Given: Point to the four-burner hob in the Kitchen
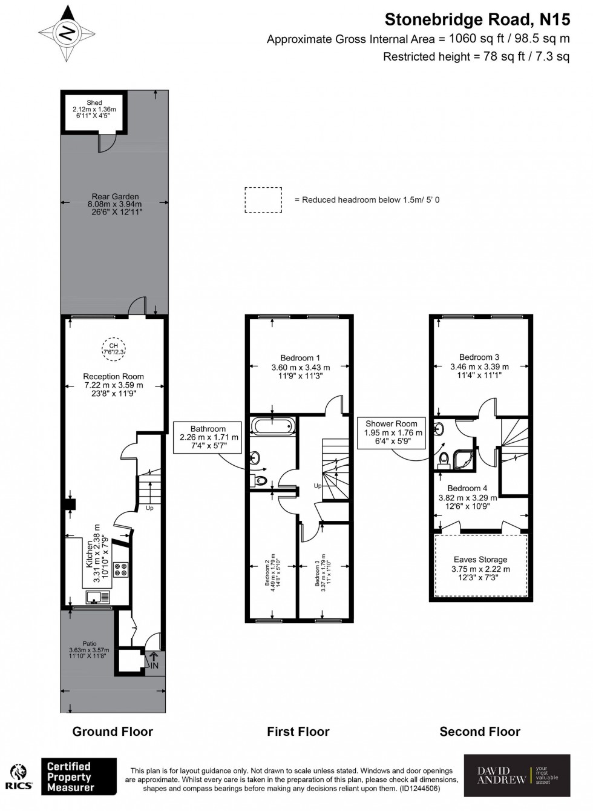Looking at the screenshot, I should (121, 569).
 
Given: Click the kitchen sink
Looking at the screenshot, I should (96, 598).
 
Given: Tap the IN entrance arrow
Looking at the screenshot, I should (154, 661).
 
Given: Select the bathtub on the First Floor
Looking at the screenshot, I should (274, 426).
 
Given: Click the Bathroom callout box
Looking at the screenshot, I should (208, 437).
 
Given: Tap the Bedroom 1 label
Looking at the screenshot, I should (300, 366).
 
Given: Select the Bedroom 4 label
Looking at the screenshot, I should (467, 497).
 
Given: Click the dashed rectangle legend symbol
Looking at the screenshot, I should (263, 200).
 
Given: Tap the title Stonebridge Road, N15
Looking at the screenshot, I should (477, 20).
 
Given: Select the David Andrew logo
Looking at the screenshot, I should (517, 775).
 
